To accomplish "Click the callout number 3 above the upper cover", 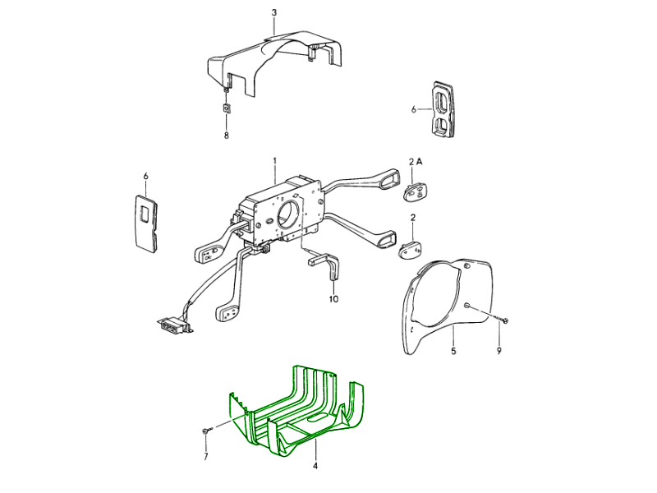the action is click(274, 12).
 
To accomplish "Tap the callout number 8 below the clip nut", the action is click(227, 136).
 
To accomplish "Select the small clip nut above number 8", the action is click(227, 108).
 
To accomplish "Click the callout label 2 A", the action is click(416, 161).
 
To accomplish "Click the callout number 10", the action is click(333, 299).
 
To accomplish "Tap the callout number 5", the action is click(453, 351).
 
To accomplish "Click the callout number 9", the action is click(498, 351).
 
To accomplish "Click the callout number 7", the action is click(206, 457).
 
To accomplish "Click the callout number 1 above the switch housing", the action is click(275, 160).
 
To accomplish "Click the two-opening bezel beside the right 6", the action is click(443, 109).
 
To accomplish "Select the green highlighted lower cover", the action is click(296, 411).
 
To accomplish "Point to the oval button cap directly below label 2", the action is click(410, 251).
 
